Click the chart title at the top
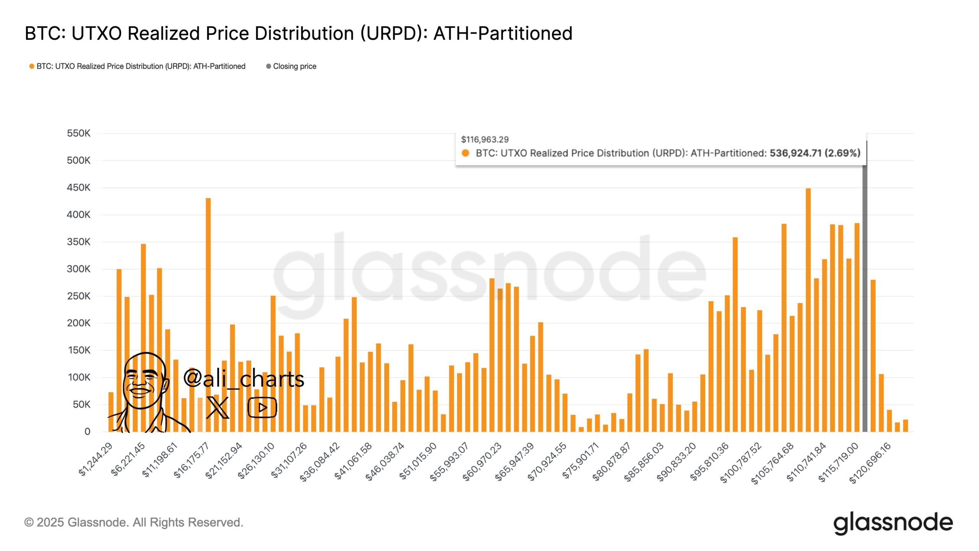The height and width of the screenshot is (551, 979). [298, 33]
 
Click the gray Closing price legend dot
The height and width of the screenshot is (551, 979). [268, 66]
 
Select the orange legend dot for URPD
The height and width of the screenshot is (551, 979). [32, 66]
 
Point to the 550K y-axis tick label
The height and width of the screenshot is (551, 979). [78, 133]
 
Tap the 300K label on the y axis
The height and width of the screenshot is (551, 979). [78, 269]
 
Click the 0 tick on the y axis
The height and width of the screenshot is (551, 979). [87, 432]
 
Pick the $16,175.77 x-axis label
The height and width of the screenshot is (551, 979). [191, 460]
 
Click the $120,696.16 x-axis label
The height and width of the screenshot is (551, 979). [870, 463]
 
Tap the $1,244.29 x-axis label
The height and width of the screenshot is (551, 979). [96, 459]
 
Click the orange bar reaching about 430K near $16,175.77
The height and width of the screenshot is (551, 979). [208, 306]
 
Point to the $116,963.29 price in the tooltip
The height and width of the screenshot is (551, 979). [485, 140]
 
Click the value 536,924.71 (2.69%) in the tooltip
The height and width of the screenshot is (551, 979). [815, 153]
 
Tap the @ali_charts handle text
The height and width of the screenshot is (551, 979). [244, 379]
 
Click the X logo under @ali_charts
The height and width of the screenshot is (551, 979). [218, 408]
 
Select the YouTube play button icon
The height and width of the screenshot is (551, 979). [262, 408]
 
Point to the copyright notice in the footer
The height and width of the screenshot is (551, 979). [134, 522]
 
